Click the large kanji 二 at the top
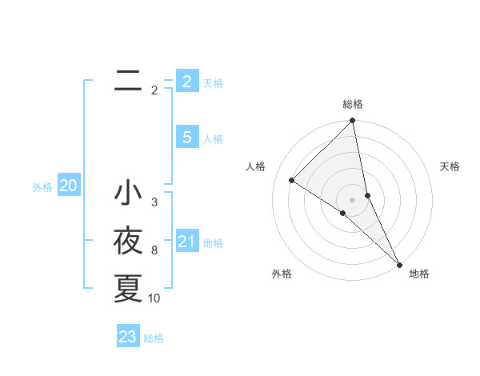click(128, 80)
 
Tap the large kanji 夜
click(128, 241)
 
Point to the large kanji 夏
click(128, 288)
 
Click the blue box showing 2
click(186, 81)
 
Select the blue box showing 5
click(186, 138)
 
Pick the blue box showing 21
click(186, 242)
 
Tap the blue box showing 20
click(68, 186)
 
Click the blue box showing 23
click(127, 337)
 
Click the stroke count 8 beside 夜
click(154, 250)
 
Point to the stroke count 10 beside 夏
click(154, 298)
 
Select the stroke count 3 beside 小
click(154, 202)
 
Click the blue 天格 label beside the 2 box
click(213, 83)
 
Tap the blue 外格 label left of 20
click(42, 188)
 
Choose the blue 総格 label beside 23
click(154, 338)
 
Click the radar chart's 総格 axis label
click(353, 104)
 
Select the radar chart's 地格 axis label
click(419, 274)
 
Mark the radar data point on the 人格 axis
click(292, 180)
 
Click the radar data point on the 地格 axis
click(398, 263)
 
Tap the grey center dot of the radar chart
click(352, 199)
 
